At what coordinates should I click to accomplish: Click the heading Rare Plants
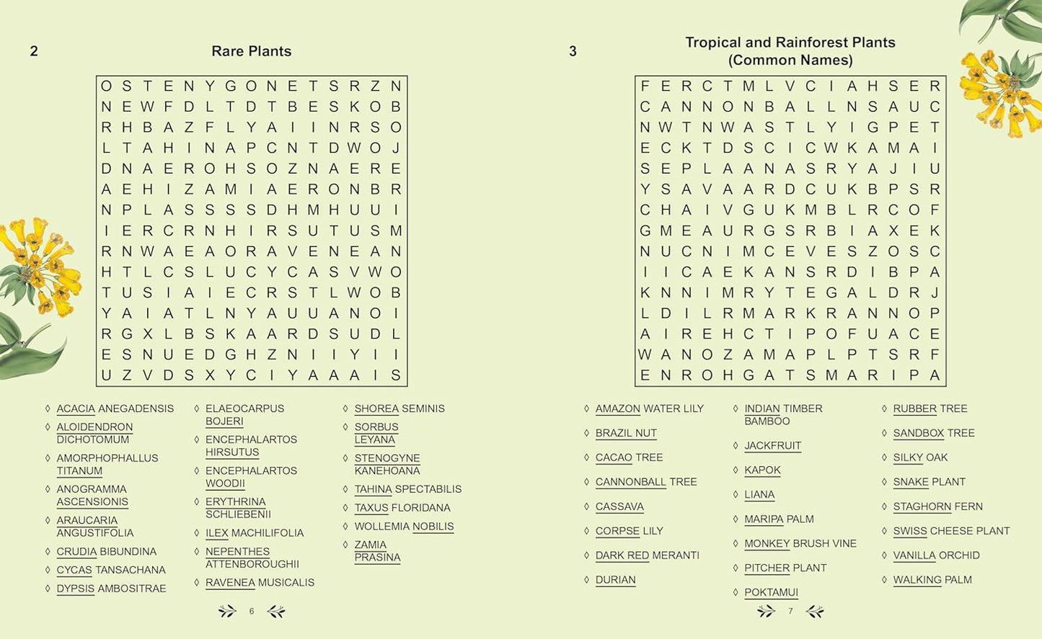click(x=251, y=51)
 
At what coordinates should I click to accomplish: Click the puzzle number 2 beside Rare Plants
click(x=34, y=51)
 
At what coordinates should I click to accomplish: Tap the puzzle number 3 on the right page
click(x=573, y=51)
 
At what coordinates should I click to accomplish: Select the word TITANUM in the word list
click(x=79, y=471)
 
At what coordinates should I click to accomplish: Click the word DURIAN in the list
click(x=615, y=580)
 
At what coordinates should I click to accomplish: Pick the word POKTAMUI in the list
click(x=771, y=593)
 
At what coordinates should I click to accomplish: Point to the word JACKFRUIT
click(x=772, y=446)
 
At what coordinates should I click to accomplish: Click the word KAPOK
click(x=762, y=470)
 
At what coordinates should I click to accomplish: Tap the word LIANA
click(x=759, y=495)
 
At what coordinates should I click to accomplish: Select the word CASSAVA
click(x=619, y=507)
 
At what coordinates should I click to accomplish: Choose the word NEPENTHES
click(x=237, y=552)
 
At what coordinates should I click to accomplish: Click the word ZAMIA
click(x=370, y=545)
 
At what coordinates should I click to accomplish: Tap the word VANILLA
click(x=914, y=555)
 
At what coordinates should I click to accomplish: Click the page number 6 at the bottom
click(x=252, y=612)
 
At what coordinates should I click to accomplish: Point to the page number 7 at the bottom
click(x=790, y=612)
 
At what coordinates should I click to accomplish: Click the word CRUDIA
click(x=76, y=552)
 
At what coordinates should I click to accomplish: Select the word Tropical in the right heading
click(x=712, y=43)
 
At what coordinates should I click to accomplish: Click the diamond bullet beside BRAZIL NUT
click(x=587, y=433)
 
